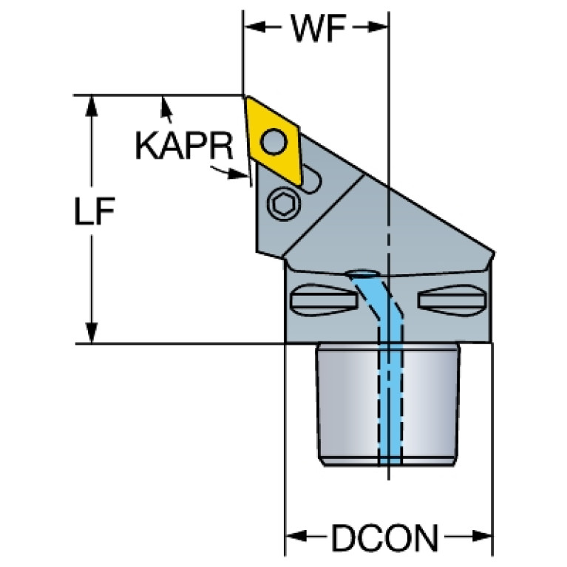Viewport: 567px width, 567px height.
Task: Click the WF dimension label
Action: point(318,28)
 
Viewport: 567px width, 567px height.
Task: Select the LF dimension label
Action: point(95,211)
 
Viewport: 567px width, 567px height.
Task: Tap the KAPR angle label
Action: point(184,146)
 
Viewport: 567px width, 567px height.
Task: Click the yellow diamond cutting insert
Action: point(273,141)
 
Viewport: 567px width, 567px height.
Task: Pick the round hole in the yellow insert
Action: point(274,141)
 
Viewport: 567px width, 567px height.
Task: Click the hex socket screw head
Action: point(282,204)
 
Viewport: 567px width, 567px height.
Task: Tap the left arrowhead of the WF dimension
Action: point(256,27)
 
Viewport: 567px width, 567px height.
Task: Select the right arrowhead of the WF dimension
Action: point(377,27)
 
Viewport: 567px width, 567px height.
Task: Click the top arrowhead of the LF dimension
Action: point(92,106)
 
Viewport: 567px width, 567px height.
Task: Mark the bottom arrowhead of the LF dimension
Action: point(92,333)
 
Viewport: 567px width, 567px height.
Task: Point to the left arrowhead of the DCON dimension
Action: point(296,536)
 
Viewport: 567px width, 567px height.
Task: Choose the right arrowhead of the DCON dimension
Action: point(482,536)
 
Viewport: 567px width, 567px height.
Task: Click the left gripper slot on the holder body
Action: point(324,300)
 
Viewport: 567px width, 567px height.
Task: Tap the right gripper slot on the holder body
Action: point(450,299)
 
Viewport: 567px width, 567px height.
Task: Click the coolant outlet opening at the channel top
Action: point(363,274)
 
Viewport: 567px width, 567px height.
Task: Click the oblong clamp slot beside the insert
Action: point(308,180)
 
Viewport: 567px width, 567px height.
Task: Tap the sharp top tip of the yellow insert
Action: point(247,96)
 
